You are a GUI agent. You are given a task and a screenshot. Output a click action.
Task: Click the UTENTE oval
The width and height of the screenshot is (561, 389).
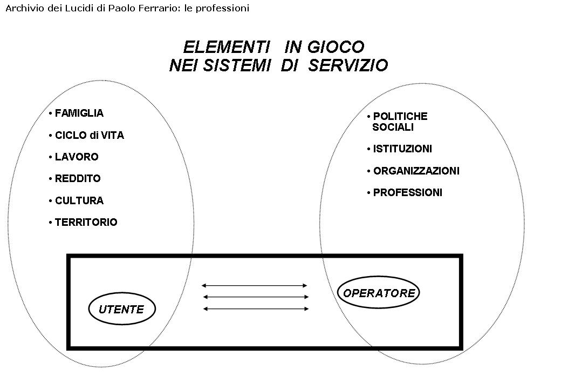(121, 310)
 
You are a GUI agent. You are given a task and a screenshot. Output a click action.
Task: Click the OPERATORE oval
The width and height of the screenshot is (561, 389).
(379, 293)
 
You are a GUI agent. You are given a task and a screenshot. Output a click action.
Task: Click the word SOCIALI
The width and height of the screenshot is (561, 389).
(393, 128)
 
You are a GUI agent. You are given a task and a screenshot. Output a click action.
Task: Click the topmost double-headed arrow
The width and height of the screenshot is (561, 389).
(255, 285)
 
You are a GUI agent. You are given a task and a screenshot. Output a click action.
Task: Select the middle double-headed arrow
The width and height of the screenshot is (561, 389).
(256, 297)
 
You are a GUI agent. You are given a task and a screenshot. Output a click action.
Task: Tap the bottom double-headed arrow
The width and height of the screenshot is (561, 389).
(256, 309)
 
